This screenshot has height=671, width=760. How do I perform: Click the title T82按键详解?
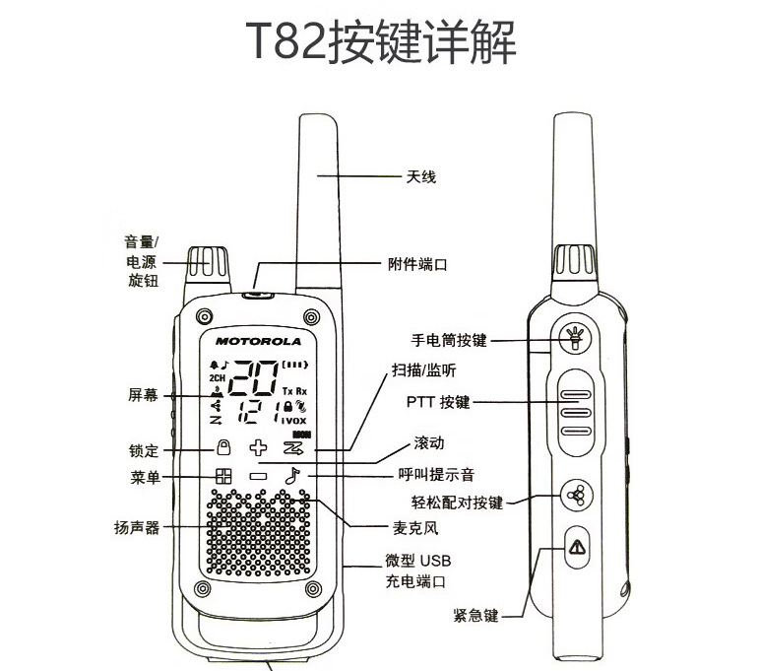(x=380, y=41)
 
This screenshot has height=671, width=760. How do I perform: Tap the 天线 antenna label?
(x=420, y=176)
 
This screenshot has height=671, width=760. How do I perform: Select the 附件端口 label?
(x=417, y=264)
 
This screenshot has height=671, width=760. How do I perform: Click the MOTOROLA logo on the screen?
(x=258, y=342)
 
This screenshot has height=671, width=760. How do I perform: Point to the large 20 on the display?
(x=253, y=378)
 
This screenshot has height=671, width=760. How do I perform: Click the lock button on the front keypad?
(x=223, y=447)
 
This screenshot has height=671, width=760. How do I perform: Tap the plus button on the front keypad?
(x=258, y=447)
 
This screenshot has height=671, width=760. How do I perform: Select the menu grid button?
(x=223, y=476)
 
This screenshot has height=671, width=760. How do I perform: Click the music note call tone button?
(x=292, y=476)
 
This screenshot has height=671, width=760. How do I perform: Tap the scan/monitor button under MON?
(x=293, y=447)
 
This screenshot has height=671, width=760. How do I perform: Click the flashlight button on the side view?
(x=575, y=337)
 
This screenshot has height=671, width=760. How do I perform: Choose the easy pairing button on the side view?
(x=576, y=495)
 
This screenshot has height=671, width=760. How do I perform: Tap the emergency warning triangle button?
(x=577, y=547)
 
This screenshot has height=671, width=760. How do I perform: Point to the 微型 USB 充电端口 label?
(x=417, y=570)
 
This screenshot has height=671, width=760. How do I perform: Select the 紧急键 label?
(x=475, y=616)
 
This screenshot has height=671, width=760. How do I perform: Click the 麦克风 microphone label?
(x=415, y=527)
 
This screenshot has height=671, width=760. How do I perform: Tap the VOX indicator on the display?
(x=293, y=421)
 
